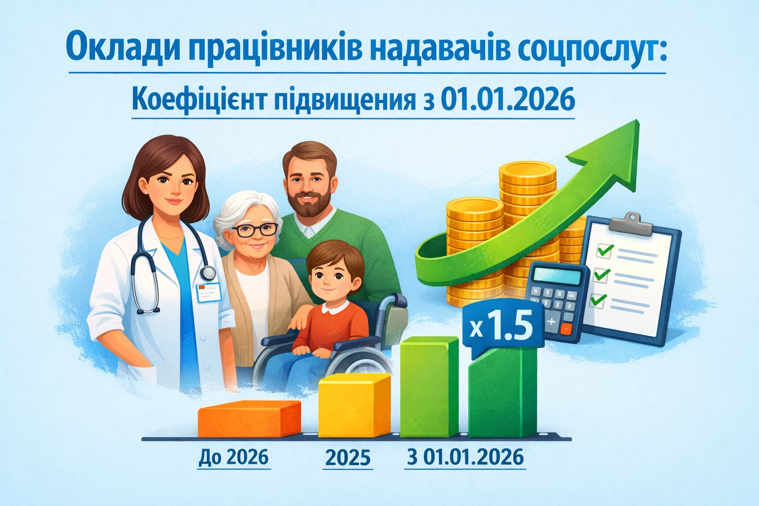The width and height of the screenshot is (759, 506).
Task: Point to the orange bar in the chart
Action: pos(249,419)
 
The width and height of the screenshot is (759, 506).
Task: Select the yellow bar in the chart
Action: pos(354,405)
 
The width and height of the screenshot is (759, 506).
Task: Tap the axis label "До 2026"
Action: pos(233,457)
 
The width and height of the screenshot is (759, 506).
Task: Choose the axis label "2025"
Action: pos(348,458)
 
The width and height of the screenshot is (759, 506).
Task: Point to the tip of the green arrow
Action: pos(638,121)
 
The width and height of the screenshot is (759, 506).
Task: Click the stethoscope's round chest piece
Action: pos(208,272)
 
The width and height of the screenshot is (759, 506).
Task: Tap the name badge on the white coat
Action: pos(209,292)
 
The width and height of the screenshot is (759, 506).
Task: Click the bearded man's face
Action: pos(308,186)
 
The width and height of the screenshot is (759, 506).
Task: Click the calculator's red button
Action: pos(566,328)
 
